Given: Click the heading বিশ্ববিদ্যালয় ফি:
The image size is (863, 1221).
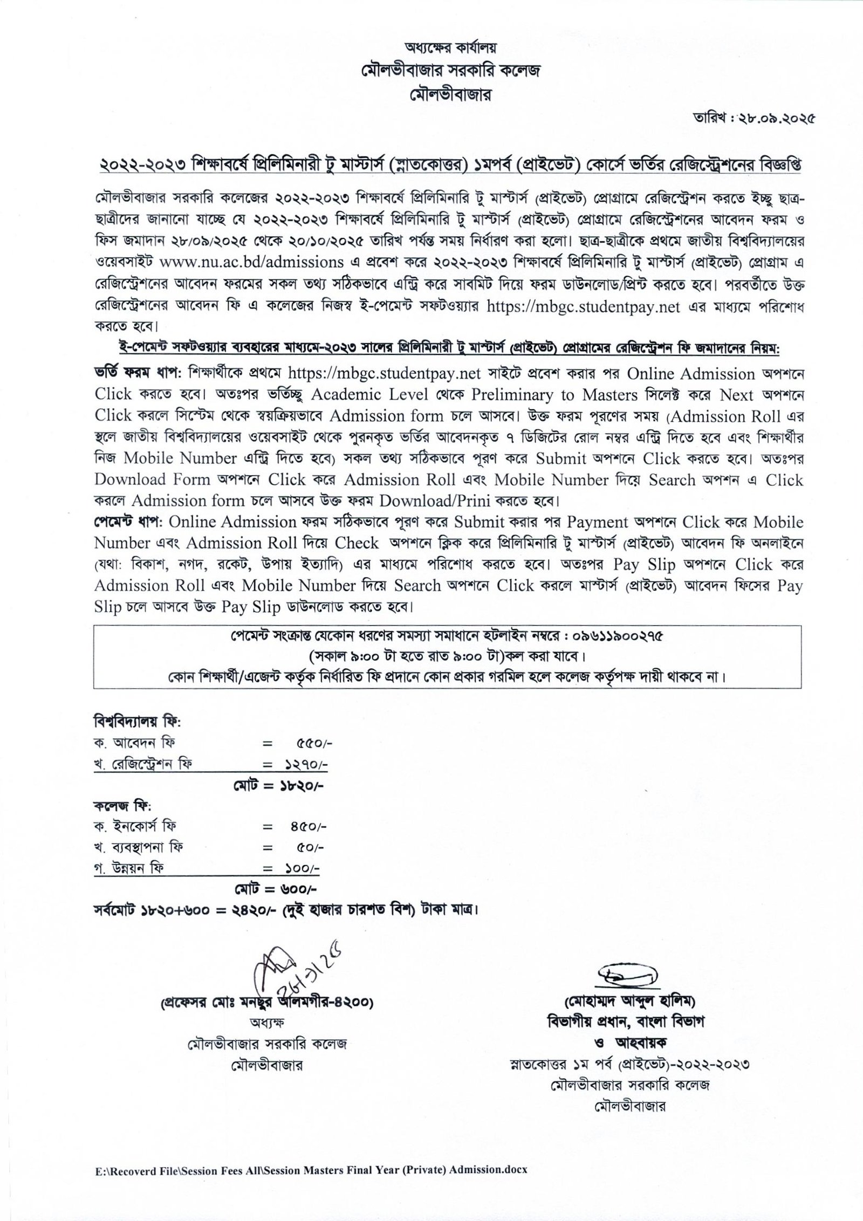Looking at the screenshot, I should pos(138,721).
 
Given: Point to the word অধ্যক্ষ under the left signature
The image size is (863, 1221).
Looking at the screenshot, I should pos(263,1022).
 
